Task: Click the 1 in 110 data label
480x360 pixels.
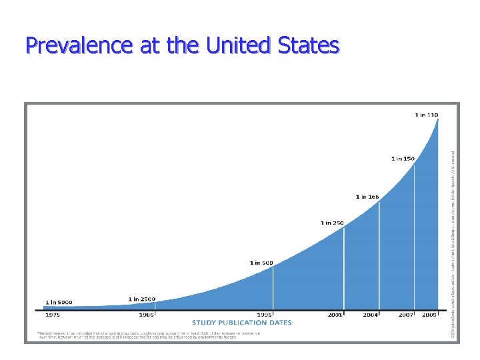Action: point(427,115)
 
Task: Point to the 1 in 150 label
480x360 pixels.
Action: point(403,159)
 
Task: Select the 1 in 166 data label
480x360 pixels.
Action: point(367,197)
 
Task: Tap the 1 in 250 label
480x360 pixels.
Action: point(332,222)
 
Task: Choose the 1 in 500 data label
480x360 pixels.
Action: point(261,263)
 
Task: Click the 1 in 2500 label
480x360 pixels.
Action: point(142,299)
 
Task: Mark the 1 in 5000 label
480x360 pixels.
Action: point(59,302)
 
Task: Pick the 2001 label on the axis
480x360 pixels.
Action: point(336,314)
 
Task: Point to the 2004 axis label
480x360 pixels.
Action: point(371,314)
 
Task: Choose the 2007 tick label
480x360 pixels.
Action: point(407,314)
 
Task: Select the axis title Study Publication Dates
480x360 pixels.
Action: point(242,323)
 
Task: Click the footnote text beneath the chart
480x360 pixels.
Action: point(148,335)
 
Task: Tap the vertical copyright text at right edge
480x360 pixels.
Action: point(453,227)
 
